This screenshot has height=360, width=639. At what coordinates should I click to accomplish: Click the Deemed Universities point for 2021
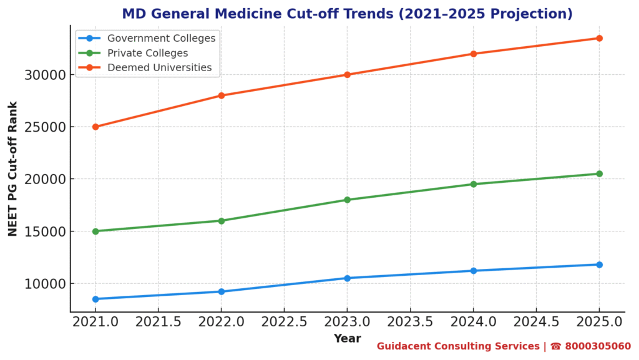point(95,127)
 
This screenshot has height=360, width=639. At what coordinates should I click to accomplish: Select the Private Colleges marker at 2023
point(348,200)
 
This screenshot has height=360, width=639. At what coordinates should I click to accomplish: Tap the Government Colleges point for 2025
point(599,265)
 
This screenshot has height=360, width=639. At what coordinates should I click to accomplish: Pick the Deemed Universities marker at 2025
point(599,38)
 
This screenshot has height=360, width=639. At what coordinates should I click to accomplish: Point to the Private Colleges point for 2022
point(222,221)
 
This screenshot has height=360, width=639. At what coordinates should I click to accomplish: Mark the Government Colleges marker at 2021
point(95,299)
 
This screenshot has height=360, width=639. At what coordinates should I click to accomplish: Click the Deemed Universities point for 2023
point(348,75)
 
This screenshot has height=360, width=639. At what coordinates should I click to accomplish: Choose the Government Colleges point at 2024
point(474,271)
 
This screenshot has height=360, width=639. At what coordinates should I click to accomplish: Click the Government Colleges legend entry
point(161,38)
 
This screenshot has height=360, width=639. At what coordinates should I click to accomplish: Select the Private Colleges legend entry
point(147,53)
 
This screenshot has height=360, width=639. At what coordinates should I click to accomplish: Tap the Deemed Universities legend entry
point(159,67)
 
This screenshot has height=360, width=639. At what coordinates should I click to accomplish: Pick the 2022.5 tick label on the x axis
point(284,323)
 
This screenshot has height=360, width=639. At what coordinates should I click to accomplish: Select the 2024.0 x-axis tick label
point(474,323)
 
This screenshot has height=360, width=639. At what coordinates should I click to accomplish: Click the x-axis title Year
point(347,339)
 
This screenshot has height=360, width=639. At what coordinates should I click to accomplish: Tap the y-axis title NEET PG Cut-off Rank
point(13,168)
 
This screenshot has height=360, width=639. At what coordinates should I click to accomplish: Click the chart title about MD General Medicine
point(347,14)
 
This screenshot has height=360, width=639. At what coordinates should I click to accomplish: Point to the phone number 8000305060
point(598,346)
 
